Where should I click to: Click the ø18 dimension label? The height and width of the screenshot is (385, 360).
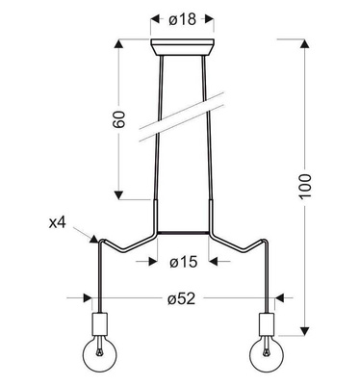[183, 17]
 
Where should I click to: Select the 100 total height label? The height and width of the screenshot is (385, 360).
[304, 186]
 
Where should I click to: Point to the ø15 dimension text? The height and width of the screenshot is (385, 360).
[183, 261]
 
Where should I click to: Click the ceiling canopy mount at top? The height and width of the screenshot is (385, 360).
[183, 47]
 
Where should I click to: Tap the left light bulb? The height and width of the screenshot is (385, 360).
[99, 357]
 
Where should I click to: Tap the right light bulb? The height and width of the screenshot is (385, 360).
[266, 357]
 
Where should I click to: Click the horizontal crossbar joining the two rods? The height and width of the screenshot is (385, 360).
[183, 232]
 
